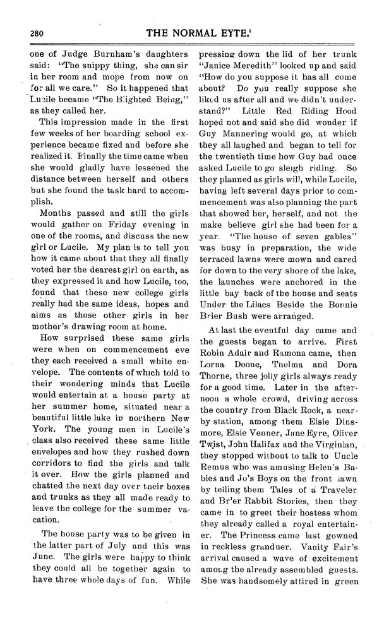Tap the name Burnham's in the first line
tap(106, 54)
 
